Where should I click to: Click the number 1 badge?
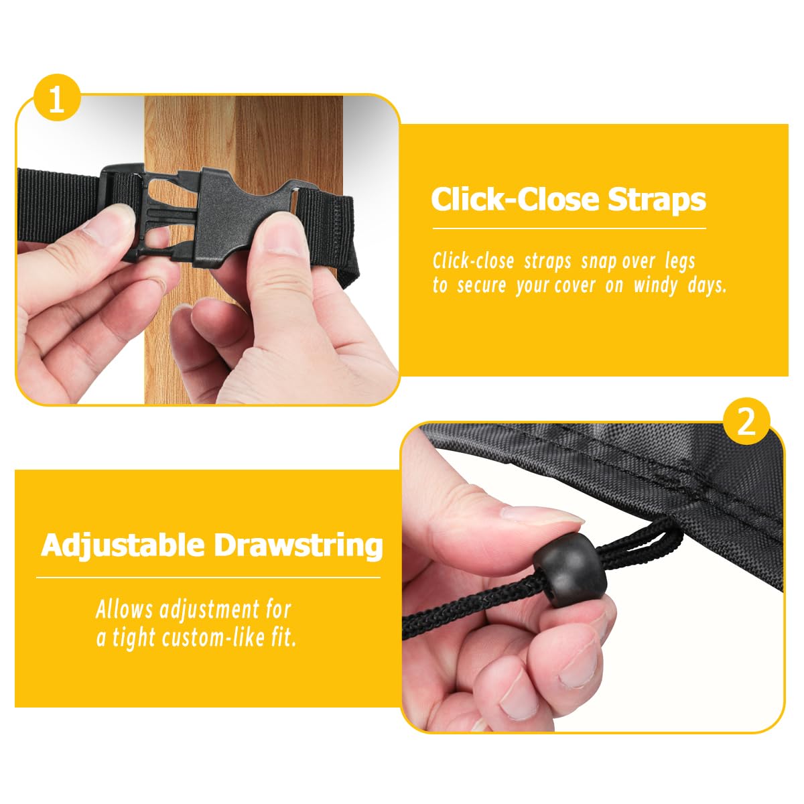[x=57, y=97]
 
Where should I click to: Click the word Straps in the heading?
[x=657, y=200]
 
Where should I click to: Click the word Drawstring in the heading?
[x=299, y=547]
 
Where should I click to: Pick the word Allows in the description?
[x=125, y=610]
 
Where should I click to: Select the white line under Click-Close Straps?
[x=569, y=228]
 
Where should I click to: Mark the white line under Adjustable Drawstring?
[x=208, y=578]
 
